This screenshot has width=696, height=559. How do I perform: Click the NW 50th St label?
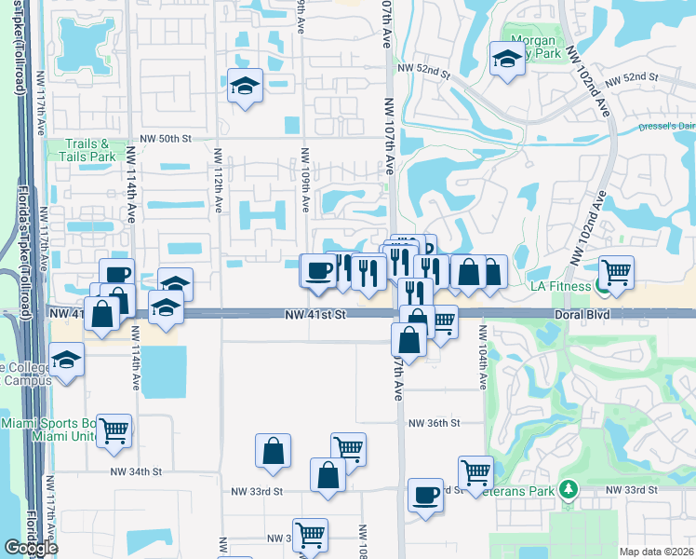click(x=168, y=138)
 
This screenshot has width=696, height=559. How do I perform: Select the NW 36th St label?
click(x=434, y=423)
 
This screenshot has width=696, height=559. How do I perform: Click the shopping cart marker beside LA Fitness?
click(x=616, y=271)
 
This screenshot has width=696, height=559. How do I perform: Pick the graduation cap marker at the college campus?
click(x=67, y=359)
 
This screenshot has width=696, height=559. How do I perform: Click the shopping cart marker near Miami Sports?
click(x=114, y=430)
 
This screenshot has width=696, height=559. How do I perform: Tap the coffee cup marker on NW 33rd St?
click(x=426, y=495)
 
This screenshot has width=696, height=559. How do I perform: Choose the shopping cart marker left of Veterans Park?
click(x=475, y=471)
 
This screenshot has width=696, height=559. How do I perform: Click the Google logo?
click(x=31, y=548)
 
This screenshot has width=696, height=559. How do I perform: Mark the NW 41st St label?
click(x=315, y=316)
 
